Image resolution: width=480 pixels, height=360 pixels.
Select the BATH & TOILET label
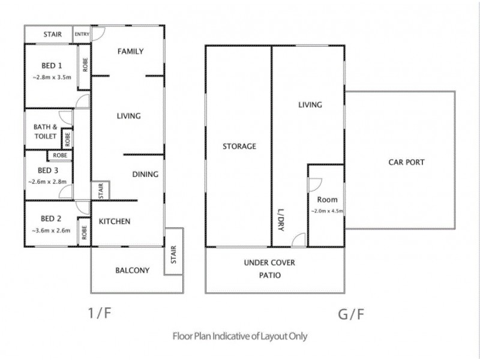(46, 131)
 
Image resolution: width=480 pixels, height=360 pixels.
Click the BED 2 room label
(52, 218)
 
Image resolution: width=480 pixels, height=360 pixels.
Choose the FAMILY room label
(130, 51)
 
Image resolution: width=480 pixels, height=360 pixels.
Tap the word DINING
(145, 175)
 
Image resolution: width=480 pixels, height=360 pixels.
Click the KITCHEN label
(115, 221)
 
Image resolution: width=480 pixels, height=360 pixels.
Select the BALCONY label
(132, 270)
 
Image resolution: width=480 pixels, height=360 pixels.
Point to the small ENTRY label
(82, 34)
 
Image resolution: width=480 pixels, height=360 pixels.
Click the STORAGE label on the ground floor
(239, 146)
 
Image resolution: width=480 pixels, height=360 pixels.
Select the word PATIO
(269, 275)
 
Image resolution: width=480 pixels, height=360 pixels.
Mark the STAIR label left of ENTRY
(52, 34)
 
